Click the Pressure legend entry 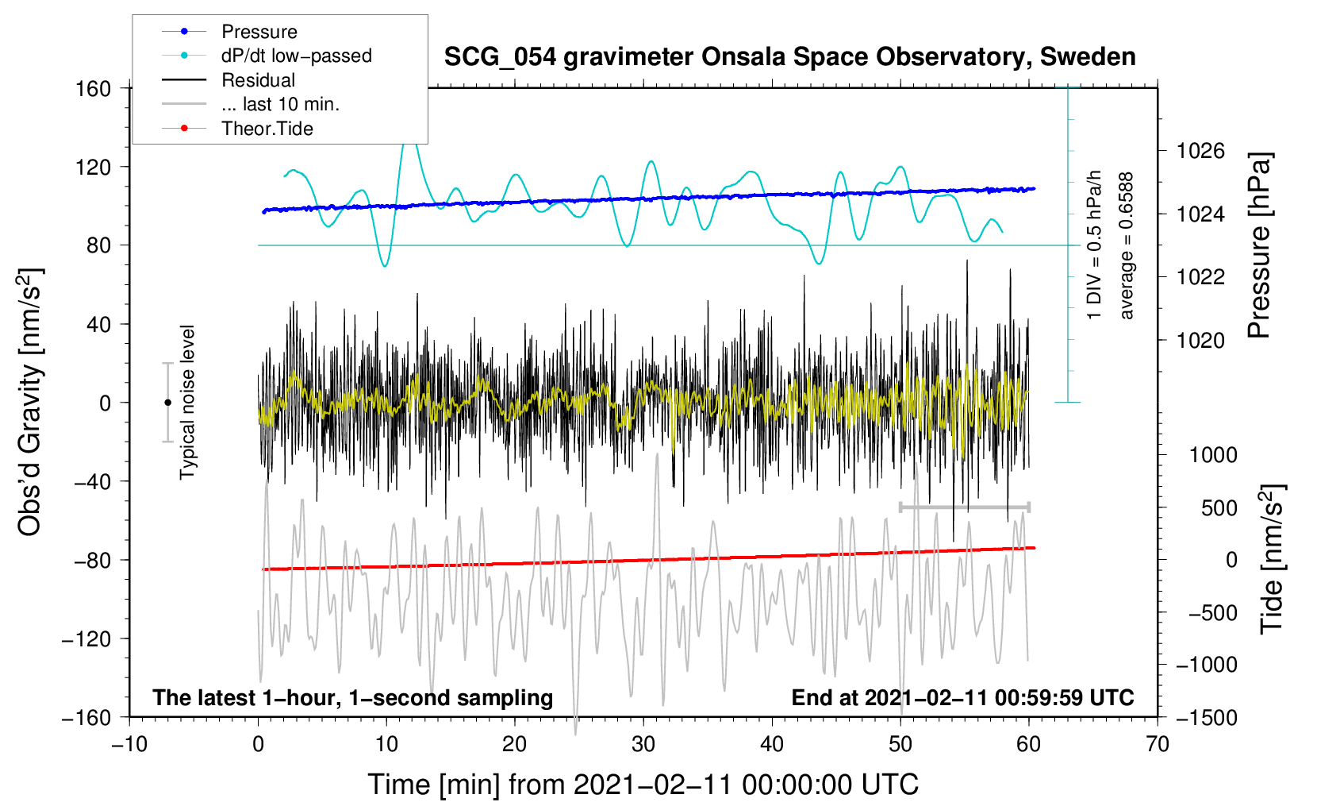[230, 31]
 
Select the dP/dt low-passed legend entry [267, 56]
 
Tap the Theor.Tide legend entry [237, 129]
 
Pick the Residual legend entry [228, 80]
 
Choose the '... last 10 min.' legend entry [251, 104]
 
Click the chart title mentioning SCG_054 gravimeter [789, 57]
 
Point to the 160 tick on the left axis [94, 89]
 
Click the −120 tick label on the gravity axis [86, 638]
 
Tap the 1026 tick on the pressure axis [1200, 152]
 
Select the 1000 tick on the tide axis [1213, 455]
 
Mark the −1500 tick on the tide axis [1207, 718]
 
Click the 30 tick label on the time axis [643, 745]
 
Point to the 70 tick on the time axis [1157, 745]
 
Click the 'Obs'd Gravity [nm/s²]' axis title [31, 402]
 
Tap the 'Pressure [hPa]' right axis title [1259, 245]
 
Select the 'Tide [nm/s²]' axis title [1273, 560]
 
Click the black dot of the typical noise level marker [167, 403]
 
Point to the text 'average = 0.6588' [1126, 246]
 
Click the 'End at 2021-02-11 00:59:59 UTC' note [962, 697]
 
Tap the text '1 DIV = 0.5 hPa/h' [1093, 245]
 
